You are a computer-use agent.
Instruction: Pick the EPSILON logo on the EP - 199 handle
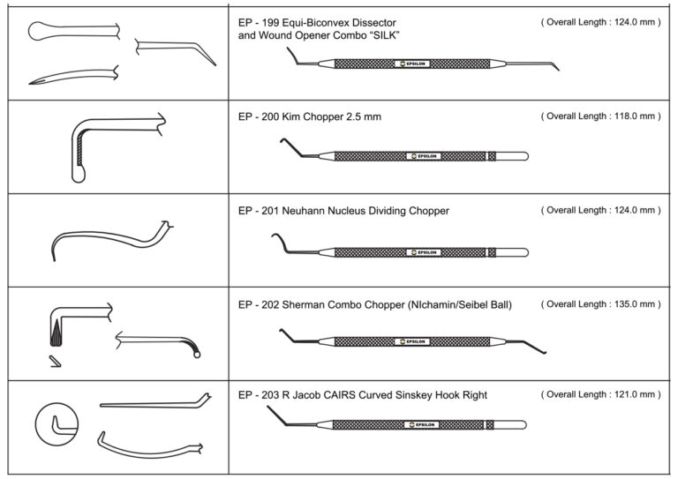(x=411, y=64)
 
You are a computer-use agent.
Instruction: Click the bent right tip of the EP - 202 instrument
(x=547, y=353)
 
